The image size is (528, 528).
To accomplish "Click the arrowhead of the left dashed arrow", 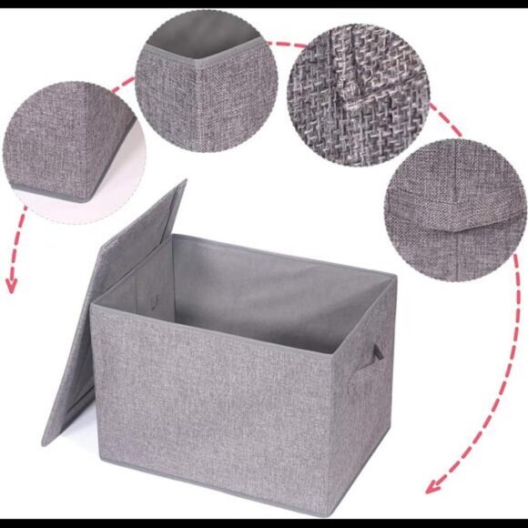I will click(x=11, y=284).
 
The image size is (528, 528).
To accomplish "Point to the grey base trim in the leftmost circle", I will click(x=55, y=193).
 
